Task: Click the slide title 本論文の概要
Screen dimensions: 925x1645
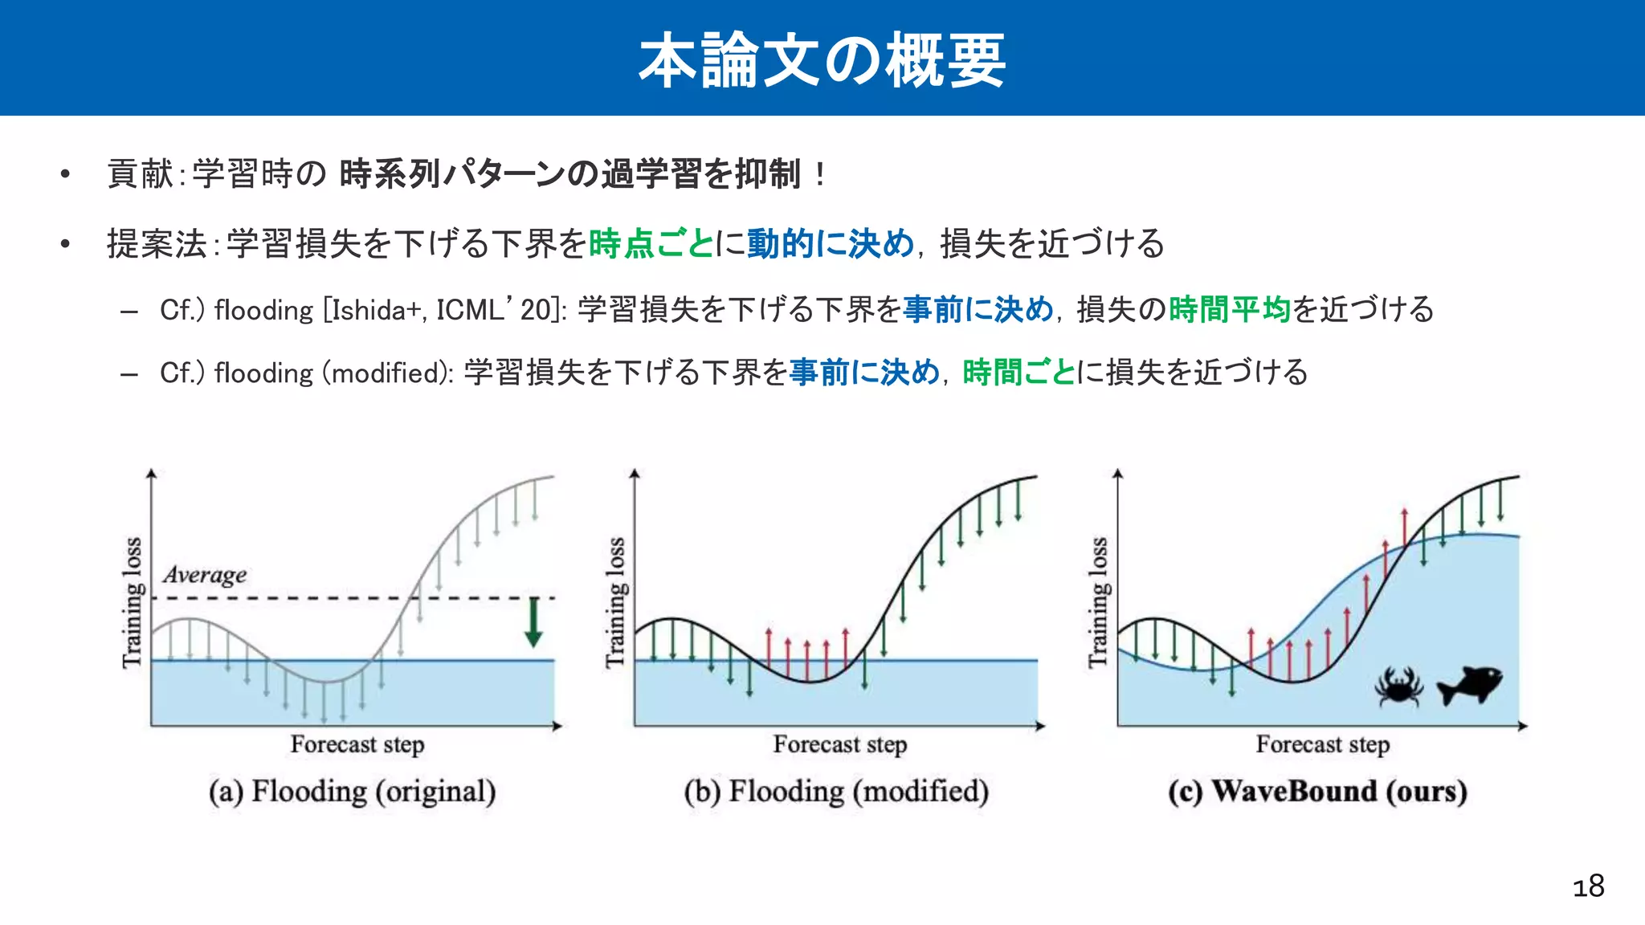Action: click(822, 60)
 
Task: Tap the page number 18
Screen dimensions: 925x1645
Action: click(1588, 886)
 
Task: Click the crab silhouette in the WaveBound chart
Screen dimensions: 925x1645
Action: click(1398, 687)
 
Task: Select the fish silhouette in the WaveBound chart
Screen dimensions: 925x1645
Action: click(1469, 685)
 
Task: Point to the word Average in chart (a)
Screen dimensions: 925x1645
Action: click(205, 575)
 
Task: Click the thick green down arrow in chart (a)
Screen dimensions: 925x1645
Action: click(533, 623)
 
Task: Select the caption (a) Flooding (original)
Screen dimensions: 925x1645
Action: click(352, 792)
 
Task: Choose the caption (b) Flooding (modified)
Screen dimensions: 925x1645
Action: click(836, 792)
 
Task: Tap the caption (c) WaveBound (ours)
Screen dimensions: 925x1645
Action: click(1317, 792)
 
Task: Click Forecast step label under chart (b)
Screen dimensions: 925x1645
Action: click(839, 744)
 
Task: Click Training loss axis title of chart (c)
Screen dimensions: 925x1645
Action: click(1098, 602)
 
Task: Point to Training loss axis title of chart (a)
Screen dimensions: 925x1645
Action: click(133, 602)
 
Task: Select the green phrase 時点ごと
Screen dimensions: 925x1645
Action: click(651, 243)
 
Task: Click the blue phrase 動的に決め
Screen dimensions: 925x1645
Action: click(830, 243)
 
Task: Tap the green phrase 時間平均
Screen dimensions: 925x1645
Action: click(1229, 309)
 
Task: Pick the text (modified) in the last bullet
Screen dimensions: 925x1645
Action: click(387, 373)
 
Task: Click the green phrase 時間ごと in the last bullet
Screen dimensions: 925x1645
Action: click(1018, 373)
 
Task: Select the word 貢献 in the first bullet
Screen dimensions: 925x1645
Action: click(140, 173)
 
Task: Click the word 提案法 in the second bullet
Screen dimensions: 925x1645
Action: click(157, 243)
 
